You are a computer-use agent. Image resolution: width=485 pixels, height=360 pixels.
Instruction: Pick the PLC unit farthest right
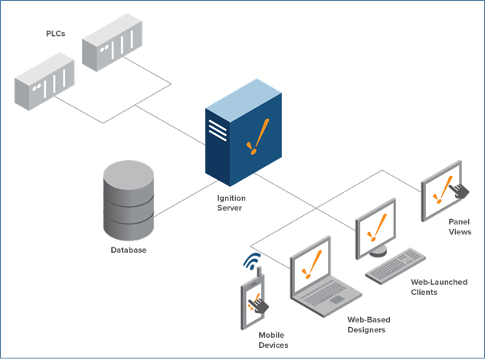coord(113,44)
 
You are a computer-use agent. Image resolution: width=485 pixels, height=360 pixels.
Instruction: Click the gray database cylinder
coord(129,198)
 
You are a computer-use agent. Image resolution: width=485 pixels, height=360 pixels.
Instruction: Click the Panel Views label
coord(460,226)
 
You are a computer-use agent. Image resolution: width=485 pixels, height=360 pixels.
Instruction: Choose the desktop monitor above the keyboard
coord(375,224)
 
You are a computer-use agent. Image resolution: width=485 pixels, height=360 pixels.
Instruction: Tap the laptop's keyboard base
coord(330,306)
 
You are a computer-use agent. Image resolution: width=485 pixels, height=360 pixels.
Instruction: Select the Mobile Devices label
coord(274,340)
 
